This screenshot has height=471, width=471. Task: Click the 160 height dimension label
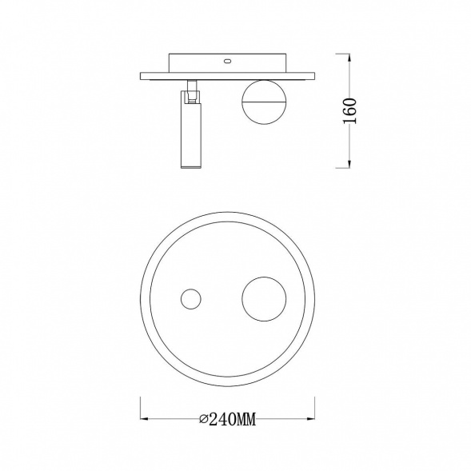click(350, 110)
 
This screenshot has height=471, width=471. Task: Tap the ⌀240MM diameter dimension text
click(228, 419)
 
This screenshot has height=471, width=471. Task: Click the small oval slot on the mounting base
click(227, 62)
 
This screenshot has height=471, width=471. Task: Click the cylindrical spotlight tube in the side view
click(190, 130)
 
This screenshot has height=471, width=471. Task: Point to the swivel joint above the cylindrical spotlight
click(191, 92)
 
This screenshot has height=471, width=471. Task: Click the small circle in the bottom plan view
click(191, 299)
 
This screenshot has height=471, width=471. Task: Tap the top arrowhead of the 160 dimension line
click(349, 58)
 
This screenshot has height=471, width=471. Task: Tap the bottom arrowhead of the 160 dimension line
click(349, 164)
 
